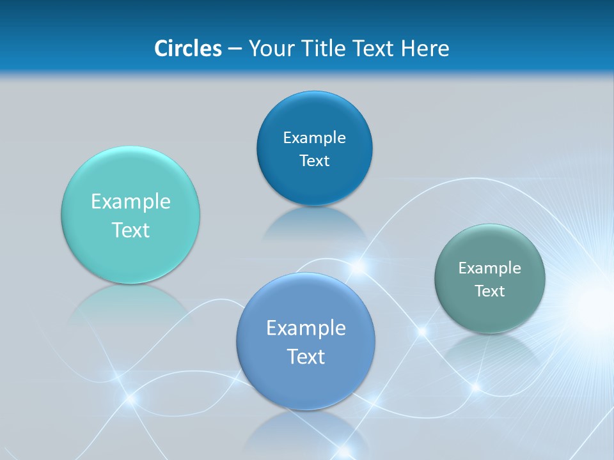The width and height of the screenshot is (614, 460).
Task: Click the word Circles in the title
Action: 187,49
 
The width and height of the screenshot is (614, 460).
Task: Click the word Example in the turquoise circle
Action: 130,202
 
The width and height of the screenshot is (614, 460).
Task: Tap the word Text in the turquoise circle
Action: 130,230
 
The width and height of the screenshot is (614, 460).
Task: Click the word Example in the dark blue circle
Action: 314,138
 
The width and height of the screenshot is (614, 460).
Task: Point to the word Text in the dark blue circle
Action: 314,161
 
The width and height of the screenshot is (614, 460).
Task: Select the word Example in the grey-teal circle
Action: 490,268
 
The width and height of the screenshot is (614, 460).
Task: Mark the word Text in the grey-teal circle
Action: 490,291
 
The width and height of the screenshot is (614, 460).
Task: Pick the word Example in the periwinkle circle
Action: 306,328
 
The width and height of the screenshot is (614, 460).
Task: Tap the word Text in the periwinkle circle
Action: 306,356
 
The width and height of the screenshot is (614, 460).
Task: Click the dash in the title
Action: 234,49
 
